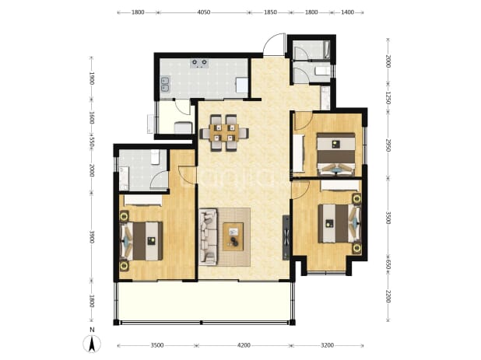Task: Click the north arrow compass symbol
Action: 92,344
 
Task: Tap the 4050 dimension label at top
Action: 204,12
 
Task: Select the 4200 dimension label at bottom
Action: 244,345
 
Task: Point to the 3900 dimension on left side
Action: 91,236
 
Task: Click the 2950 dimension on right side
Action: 388,145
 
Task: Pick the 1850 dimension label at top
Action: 270,12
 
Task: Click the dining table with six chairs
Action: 224,133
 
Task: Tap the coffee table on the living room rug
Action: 233,236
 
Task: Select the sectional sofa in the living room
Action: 209,236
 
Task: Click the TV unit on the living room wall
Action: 286,237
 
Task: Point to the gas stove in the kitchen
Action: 200,64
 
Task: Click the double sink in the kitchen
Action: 165,84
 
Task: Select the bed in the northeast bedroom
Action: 336,154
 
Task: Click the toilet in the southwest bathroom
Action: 155,156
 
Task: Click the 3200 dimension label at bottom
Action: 327,345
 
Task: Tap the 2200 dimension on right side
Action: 388,296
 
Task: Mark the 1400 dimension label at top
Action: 348,12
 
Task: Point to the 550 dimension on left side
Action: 91,142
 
